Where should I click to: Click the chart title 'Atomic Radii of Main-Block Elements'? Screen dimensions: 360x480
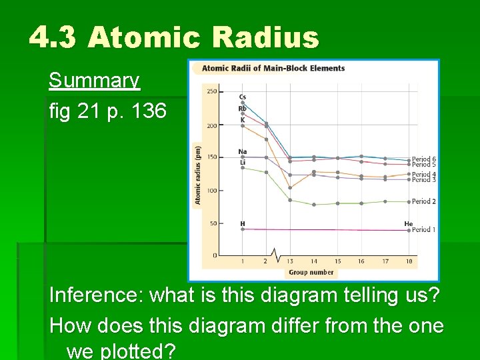(273, 68)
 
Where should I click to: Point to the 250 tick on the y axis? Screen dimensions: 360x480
(211, 92)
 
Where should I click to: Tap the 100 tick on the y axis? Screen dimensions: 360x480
(211, 191)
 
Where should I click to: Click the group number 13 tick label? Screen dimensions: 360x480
(290, 261)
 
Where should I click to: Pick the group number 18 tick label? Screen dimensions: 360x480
(409, 261)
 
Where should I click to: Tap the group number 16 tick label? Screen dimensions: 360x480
(361, 261)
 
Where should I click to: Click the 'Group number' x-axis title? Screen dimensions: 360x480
(311, 272)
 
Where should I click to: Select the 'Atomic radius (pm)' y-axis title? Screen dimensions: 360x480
(198, 175)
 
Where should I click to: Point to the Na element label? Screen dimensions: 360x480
(243, 152)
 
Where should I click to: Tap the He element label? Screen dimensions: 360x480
(408, 224)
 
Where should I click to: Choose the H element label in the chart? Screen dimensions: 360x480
(242, 224)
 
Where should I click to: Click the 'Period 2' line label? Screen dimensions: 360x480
(424, 201)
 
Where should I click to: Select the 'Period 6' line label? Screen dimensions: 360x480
(424, 159)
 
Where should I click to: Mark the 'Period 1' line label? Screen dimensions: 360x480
(424, 230)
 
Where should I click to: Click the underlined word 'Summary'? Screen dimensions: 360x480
(94, 81)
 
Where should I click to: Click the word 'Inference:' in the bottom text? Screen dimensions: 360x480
(97, 295)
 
